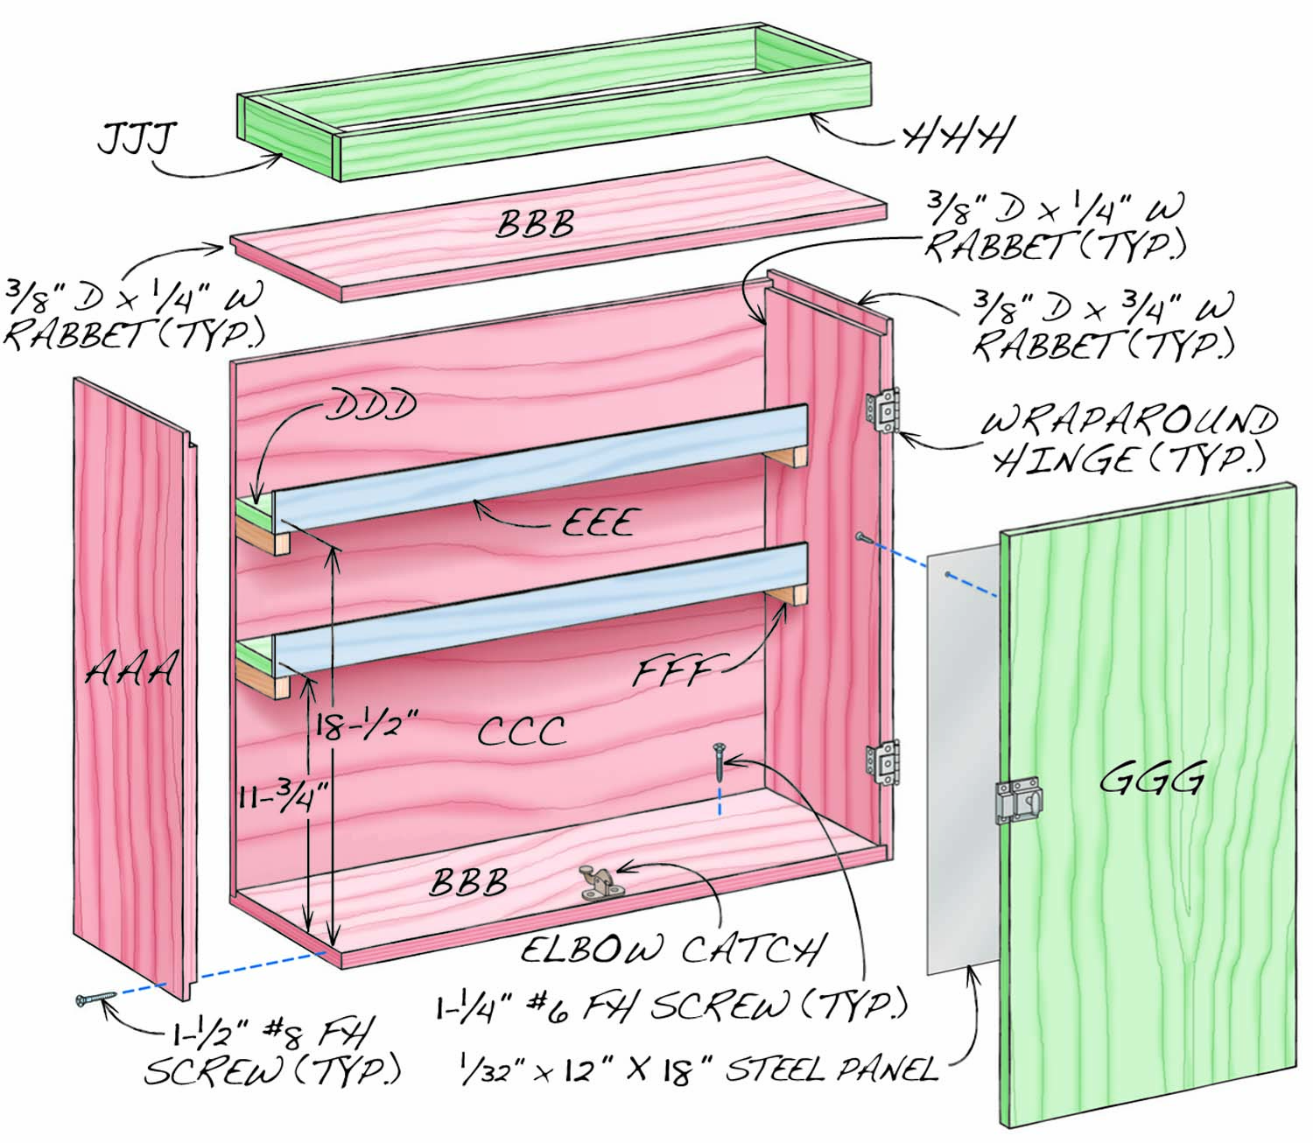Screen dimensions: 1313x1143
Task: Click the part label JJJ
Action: (x=137, y=137)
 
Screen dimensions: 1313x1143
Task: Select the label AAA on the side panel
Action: (x=130, y=670)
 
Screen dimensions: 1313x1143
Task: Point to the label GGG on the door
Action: (x=1151, y=780)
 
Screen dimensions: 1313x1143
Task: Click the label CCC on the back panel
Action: (x=522, y=731)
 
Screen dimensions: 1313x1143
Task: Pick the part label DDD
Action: (x=371, y=404)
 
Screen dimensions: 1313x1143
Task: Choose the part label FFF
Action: (x=673, y=671)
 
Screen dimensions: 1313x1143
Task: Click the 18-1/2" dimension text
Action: (x=367, y=726)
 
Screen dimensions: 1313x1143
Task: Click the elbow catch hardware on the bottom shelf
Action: (x=595, y=882)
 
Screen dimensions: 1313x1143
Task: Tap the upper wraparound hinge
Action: (x=883, y=410)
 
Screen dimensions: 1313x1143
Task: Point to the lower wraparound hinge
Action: (x=883, y=762)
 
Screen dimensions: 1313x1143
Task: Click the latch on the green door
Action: (x=1018, y=801)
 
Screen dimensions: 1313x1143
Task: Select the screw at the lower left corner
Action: (x=95, y=998)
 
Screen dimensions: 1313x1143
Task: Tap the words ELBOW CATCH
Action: (x=671, y=949)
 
